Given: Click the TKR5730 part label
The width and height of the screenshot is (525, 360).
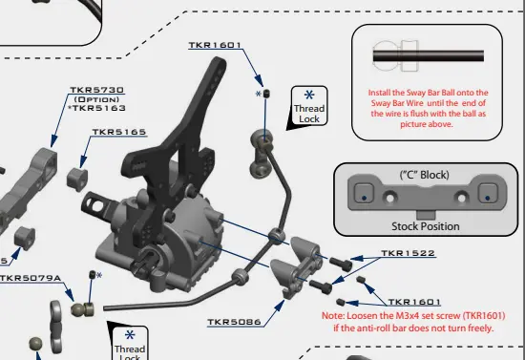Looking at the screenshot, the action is coord(96,90).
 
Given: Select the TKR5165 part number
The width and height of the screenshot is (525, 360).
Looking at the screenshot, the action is coord(119,132).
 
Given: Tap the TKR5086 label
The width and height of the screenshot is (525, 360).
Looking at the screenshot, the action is coord(234,322).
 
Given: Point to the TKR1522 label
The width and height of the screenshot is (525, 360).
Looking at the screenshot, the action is coord(408,253).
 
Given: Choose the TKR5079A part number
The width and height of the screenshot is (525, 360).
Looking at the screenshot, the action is coord(31,278).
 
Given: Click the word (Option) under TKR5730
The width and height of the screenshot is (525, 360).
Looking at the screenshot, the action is coord(96,99).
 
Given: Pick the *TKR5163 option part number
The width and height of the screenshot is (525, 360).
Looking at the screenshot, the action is coord(96,108).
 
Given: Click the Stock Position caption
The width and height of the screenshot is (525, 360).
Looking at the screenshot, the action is coord(425,226).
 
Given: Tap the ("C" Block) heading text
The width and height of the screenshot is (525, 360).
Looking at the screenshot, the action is coord(425,175).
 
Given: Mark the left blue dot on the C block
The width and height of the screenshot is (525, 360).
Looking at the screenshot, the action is coord(364,199).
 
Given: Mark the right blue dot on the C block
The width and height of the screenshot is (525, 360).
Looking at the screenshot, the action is coord(487,199).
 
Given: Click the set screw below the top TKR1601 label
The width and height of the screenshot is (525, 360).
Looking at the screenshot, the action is coord(267,94).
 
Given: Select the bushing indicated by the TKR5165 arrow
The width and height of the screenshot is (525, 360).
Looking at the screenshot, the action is coord(77,180).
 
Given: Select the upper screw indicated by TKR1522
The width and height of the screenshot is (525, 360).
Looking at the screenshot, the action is coord(341,264).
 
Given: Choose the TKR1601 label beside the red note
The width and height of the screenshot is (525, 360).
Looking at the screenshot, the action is coord(414,303).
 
